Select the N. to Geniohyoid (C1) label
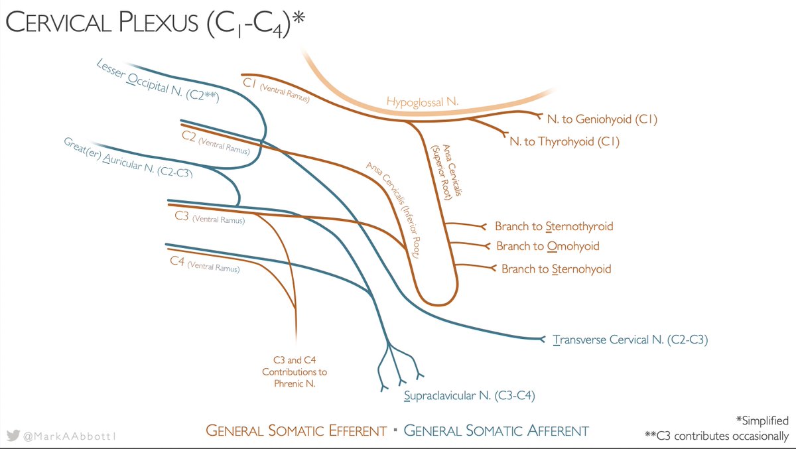602,119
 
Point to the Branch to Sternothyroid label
554,226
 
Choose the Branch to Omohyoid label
547,246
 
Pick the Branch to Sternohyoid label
556,269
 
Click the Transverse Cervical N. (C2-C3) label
630,340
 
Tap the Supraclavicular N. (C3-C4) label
469,396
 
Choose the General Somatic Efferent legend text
296,431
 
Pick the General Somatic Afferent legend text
496,431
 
